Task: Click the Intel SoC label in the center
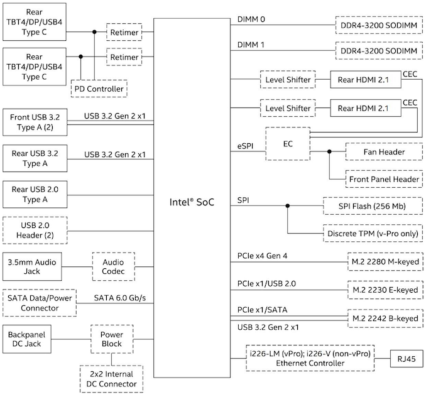(x=192, y=202)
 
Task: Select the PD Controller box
(x=99, y=89)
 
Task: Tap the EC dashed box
(x=288, y=144)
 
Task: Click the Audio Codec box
(x=113, y=266)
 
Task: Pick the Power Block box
(x=112, y=340)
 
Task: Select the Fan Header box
(x=383, y=152)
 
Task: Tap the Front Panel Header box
(x=383, y=179)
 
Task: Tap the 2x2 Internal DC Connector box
(x=112, y=378)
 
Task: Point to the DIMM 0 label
(x=251, y=19)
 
